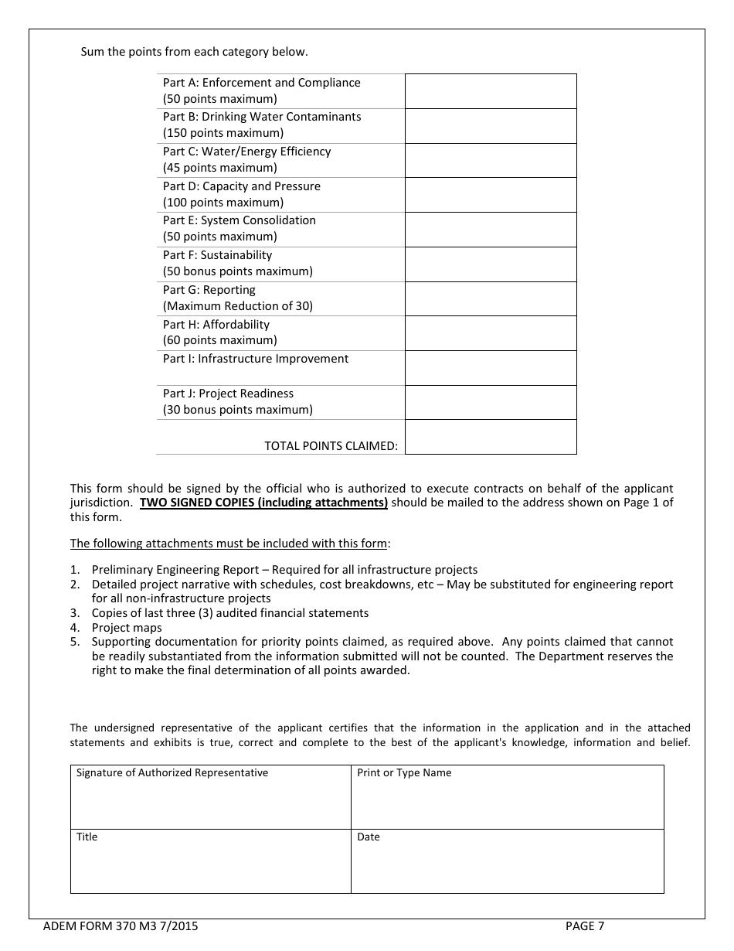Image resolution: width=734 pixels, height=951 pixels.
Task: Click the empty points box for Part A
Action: tap(491, 91)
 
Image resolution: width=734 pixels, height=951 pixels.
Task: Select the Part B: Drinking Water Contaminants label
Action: tap(261, 117)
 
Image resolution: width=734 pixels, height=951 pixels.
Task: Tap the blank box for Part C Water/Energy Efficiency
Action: tap(491, 160)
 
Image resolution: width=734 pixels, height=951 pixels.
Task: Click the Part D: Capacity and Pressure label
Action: tap(241, 186)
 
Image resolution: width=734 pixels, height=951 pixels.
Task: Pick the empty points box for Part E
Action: tap(491, 230)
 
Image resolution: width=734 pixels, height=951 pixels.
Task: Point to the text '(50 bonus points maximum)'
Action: tap(237, 271)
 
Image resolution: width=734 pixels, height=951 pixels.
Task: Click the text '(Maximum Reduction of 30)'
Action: tap(237, 306)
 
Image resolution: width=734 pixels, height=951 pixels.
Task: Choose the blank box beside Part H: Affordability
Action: tap(491, 333)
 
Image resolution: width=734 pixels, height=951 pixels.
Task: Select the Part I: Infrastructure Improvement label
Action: tap(255, 359)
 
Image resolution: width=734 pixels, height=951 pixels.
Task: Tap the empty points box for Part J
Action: tap(491, 402)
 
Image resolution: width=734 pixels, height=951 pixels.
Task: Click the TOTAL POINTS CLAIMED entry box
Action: tap(491, 437)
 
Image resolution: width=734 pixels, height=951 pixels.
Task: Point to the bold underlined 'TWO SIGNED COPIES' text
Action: tap(263, 503)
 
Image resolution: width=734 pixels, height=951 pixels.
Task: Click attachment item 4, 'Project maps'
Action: tap(127, 628)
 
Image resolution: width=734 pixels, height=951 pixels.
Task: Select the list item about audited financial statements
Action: tap(229, 613)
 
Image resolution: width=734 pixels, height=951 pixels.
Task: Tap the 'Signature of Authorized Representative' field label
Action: tap(172, 773)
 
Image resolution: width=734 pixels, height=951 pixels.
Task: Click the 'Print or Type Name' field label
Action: tap(404, 773)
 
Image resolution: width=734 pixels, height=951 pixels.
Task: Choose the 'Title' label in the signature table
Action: tap(87, 837)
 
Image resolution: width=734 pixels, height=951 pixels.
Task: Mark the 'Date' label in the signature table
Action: tap(369, 837)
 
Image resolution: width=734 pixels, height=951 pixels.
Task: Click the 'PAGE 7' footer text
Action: tap(585, 926)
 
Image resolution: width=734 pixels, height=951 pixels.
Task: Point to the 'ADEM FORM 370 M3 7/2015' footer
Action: tap(121, 926)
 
